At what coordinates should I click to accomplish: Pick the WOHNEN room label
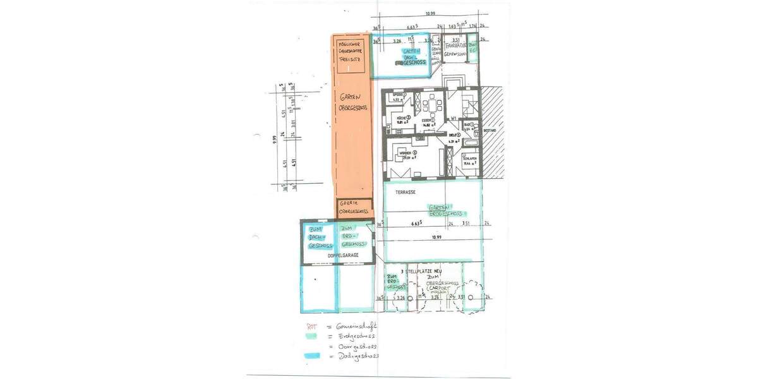point(405,153)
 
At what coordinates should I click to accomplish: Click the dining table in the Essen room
point(432,104)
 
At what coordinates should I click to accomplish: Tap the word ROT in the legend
point(311,326)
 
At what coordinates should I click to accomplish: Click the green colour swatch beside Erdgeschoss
point(311,336)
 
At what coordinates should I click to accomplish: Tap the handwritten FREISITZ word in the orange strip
point(349,57)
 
